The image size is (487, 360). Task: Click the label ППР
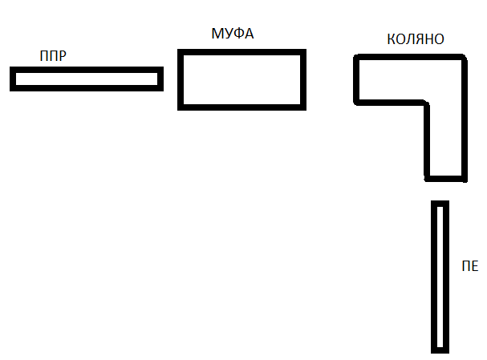pyautogui.click(x=52, y=57)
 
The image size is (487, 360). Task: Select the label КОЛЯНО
pyautogui.click(x=415, y=38)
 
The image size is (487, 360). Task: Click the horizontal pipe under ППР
pyautogui.click(x=87, y=79)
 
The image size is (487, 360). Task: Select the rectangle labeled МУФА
pyautogui.click(x=241, y=79)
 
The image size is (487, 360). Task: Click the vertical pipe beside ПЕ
pyautogui.click(x=440, y=277)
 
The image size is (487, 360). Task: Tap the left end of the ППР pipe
pyautogui.click(x=14, y=79)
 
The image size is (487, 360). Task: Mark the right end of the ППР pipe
pyautogui.click(x=160, y=79)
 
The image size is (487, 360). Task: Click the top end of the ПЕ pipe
pyautogui.click(x=440, y=204)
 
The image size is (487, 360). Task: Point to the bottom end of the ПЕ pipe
pyautogui.click(x=440, y=350)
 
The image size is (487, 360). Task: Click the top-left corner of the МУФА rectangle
pyautogui.click(x=181, y=53)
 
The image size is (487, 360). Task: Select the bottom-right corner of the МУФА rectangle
pyautogui.click(x=303, y=106)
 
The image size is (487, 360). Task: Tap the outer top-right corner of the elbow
pyautogui.click(x=463, y=58)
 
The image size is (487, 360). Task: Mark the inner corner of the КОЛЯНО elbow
pyautogui.click(x=428, y=102)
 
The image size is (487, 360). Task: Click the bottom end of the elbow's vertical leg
pyautogui.click(x=445, y=178)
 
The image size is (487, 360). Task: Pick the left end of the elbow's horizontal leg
pyautogui.click(x=357, y=79)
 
